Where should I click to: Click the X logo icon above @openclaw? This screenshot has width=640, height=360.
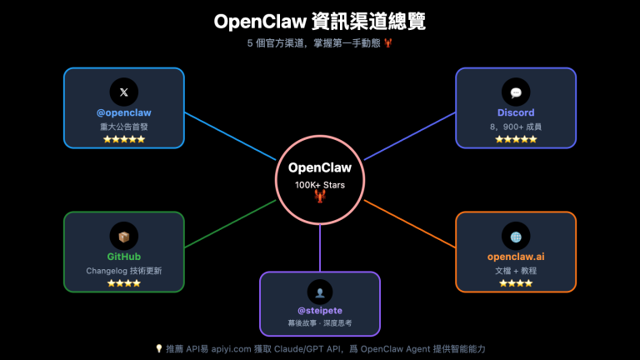(123, 92)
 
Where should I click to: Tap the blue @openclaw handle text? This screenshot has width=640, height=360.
(123, 112)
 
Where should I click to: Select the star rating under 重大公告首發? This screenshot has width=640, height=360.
(123, 139)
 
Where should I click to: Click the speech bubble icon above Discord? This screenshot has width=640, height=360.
(516, 92)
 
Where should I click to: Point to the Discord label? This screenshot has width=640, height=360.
(516, 112)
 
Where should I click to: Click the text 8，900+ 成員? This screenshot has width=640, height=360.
(516, 127)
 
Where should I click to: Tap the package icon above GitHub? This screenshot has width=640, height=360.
(123, 237)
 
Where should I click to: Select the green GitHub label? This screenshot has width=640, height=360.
(123, 257)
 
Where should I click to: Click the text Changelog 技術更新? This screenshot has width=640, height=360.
(123, 271)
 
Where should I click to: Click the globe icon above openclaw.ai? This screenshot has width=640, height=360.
(516, 237)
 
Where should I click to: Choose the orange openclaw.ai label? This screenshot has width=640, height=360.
(516, 257)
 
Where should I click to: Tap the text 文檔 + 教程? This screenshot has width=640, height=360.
(516, 271)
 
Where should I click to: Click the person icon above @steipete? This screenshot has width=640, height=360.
(320, 291)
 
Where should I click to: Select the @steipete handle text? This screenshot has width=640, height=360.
(320, 310)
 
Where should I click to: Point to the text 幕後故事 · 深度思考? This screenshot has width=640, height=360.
(320, 323)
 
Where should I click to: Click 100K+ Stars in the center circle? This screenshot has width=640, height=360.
(320, 184)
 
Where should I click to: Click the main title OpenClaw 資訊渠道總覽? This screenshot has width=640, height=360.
(320, 21)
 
